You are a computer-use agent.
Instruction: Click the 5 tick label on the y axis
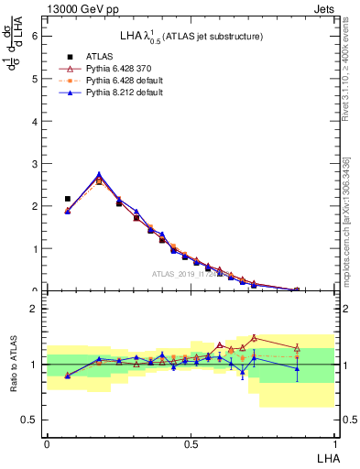tap(35, 79)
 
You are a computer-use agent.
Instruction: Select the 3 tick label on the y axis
tap(35, 163)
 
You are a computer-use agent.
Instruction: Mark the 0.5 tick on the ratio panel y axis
tap(31, 420)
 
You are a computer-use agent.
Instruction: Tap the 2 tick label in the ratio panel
tap(35, 309)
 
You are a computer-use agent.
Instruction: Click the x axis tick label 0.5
tap(191, 443)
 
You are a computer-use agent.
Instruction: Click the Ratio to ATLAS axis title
tap(14, 364)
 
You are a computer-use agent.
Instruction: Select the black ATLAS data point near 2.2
tap(68, 199)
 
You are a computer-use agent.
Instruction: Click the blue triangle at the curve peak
tap(99, 174)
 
